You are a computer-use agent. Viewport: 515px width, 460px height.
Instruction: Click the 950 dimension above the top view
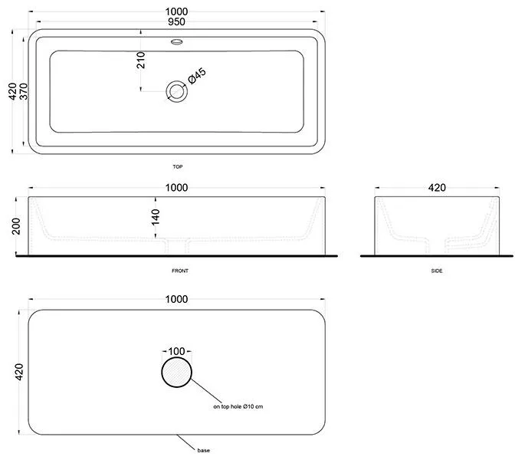pyautogui.click(x=176, y=21)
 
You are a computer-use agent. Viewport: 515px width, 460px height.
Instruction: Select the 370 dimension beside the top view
pyautogui.click(x=24, y=91)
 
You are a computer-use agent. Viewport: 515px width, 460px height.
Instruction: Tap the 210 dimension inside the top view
pyautogui.click(x=140, y=60)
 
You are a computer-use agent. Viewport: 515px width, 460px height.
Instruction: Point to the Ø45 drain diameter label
pyautogui.click(x=197, y=76)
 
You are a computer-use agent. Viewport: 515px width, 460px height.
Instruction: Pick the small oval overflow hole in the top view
pyautogui.click(x=177, y=41)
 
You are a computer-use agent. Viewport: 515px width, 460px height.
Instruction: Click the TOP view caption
pyautogui.click(x=178, y=166)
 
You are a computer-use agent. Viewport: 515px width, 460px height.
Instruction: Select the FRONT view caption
pyautogui.click(x=180, y=271)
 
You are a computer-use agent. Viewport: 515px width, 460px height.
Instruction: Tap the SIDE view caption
pyautogui.click(x=437, y=271)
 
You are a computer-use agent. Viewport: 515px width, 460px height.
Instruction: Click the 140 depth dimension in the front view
pyautogui.click(x=156, y=217)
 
